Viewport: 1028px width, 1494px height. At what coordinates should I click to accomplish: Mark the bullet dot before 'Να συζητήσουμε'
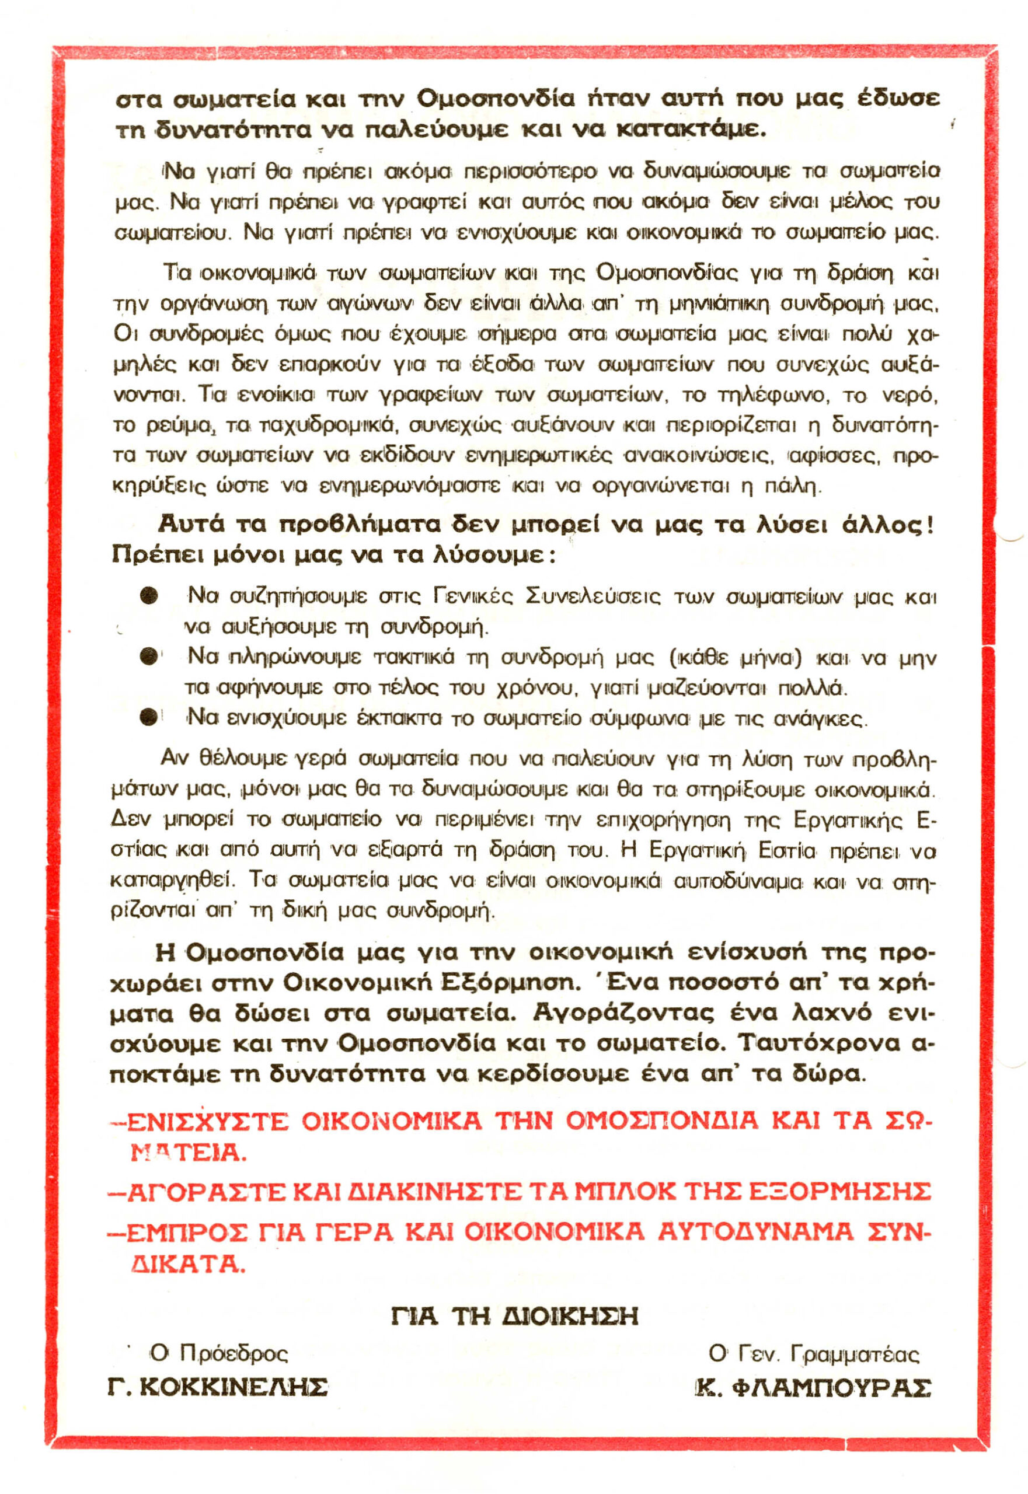click(x=149, y=596)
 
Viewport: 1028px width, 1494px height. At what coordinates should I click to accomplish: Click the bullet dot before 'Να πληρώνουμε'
click(x=149, y=657)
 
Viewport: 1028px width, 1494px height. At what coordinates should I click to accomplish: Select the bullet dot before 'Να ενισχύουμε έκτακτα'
click(x=149, y=717)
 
